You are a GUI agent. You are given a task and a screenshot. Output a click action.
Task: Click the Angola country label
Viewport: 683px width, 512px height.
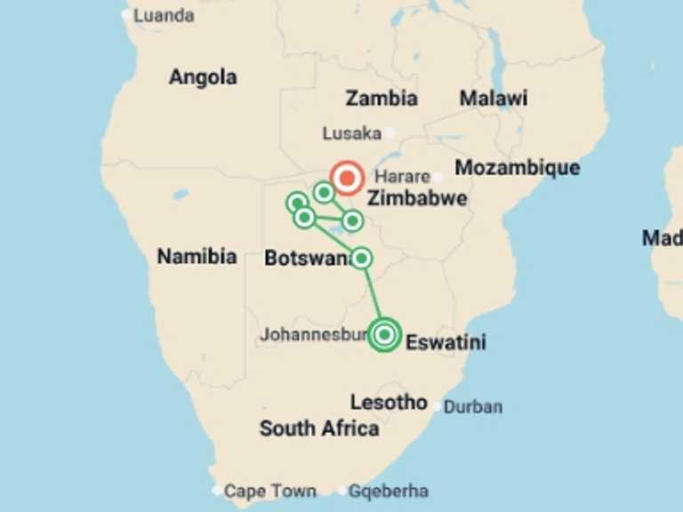coord(203,77)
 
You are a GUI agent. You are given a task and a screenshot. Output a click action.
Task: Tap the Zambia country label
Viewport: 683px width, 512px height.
coord(382,98)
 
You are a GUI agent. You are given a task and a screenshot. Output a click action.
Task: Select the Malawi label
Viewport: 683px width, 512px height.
coord(493,98)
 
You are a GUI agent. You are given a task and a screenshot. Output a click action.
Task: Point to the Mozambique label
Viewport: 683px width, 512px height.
coord(517,167)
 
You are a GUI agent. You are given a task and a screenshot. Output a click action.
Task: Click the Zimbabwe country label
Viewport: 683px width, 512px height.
coord(417,197)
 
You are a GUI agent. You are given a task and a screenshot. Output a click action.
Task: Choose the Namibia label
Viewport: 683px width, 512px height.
coord(197,257)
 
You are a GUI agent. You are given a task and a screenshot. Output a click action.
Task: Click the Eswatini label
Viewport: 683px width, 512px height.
coord(446,341)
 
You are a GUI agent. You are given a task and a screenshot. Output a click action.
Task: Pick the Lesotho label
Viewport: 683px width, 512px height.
coord(389,402)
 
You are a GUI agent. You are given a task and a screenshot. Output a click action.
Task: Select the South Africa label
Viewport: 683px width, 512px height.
coord(318,428)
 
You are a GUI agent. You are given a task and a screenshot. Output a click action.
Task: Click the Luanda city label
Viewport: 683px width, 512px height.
coord(164,15)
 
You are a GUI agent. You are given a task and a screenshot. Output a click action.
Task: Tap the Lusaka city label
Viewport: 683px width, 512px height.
coord(350,133)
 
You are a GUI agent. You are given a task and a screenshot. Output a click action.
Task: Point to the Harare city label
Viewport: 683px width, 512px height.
coord(402,176)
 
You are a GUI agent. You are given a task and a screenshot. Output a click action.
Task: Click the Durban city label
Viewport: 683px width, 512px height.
coord(472,407)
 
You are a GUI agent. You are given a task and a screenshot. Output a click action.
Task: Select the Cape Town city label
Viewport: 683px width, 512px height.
coord(269,491)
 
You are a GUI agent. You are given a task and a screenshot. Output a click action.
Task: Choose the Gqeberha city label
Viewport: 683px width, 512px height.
coord(388,491)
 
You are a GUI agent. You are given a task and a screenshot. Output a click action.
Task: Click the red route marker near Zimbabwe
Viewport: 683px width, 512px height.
coord(347,178)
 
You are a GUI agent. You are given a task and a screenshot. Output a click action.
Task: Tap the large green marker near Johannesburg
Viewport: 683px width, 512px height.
coord(384,334)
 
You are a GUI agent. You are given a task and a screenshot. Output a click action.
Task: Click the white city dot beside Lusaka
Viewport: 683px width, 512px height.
coord(389,133)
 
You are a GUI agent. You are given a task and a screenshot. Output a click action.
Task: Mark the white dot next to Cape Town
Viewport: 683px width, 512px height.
coord(217,490)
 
